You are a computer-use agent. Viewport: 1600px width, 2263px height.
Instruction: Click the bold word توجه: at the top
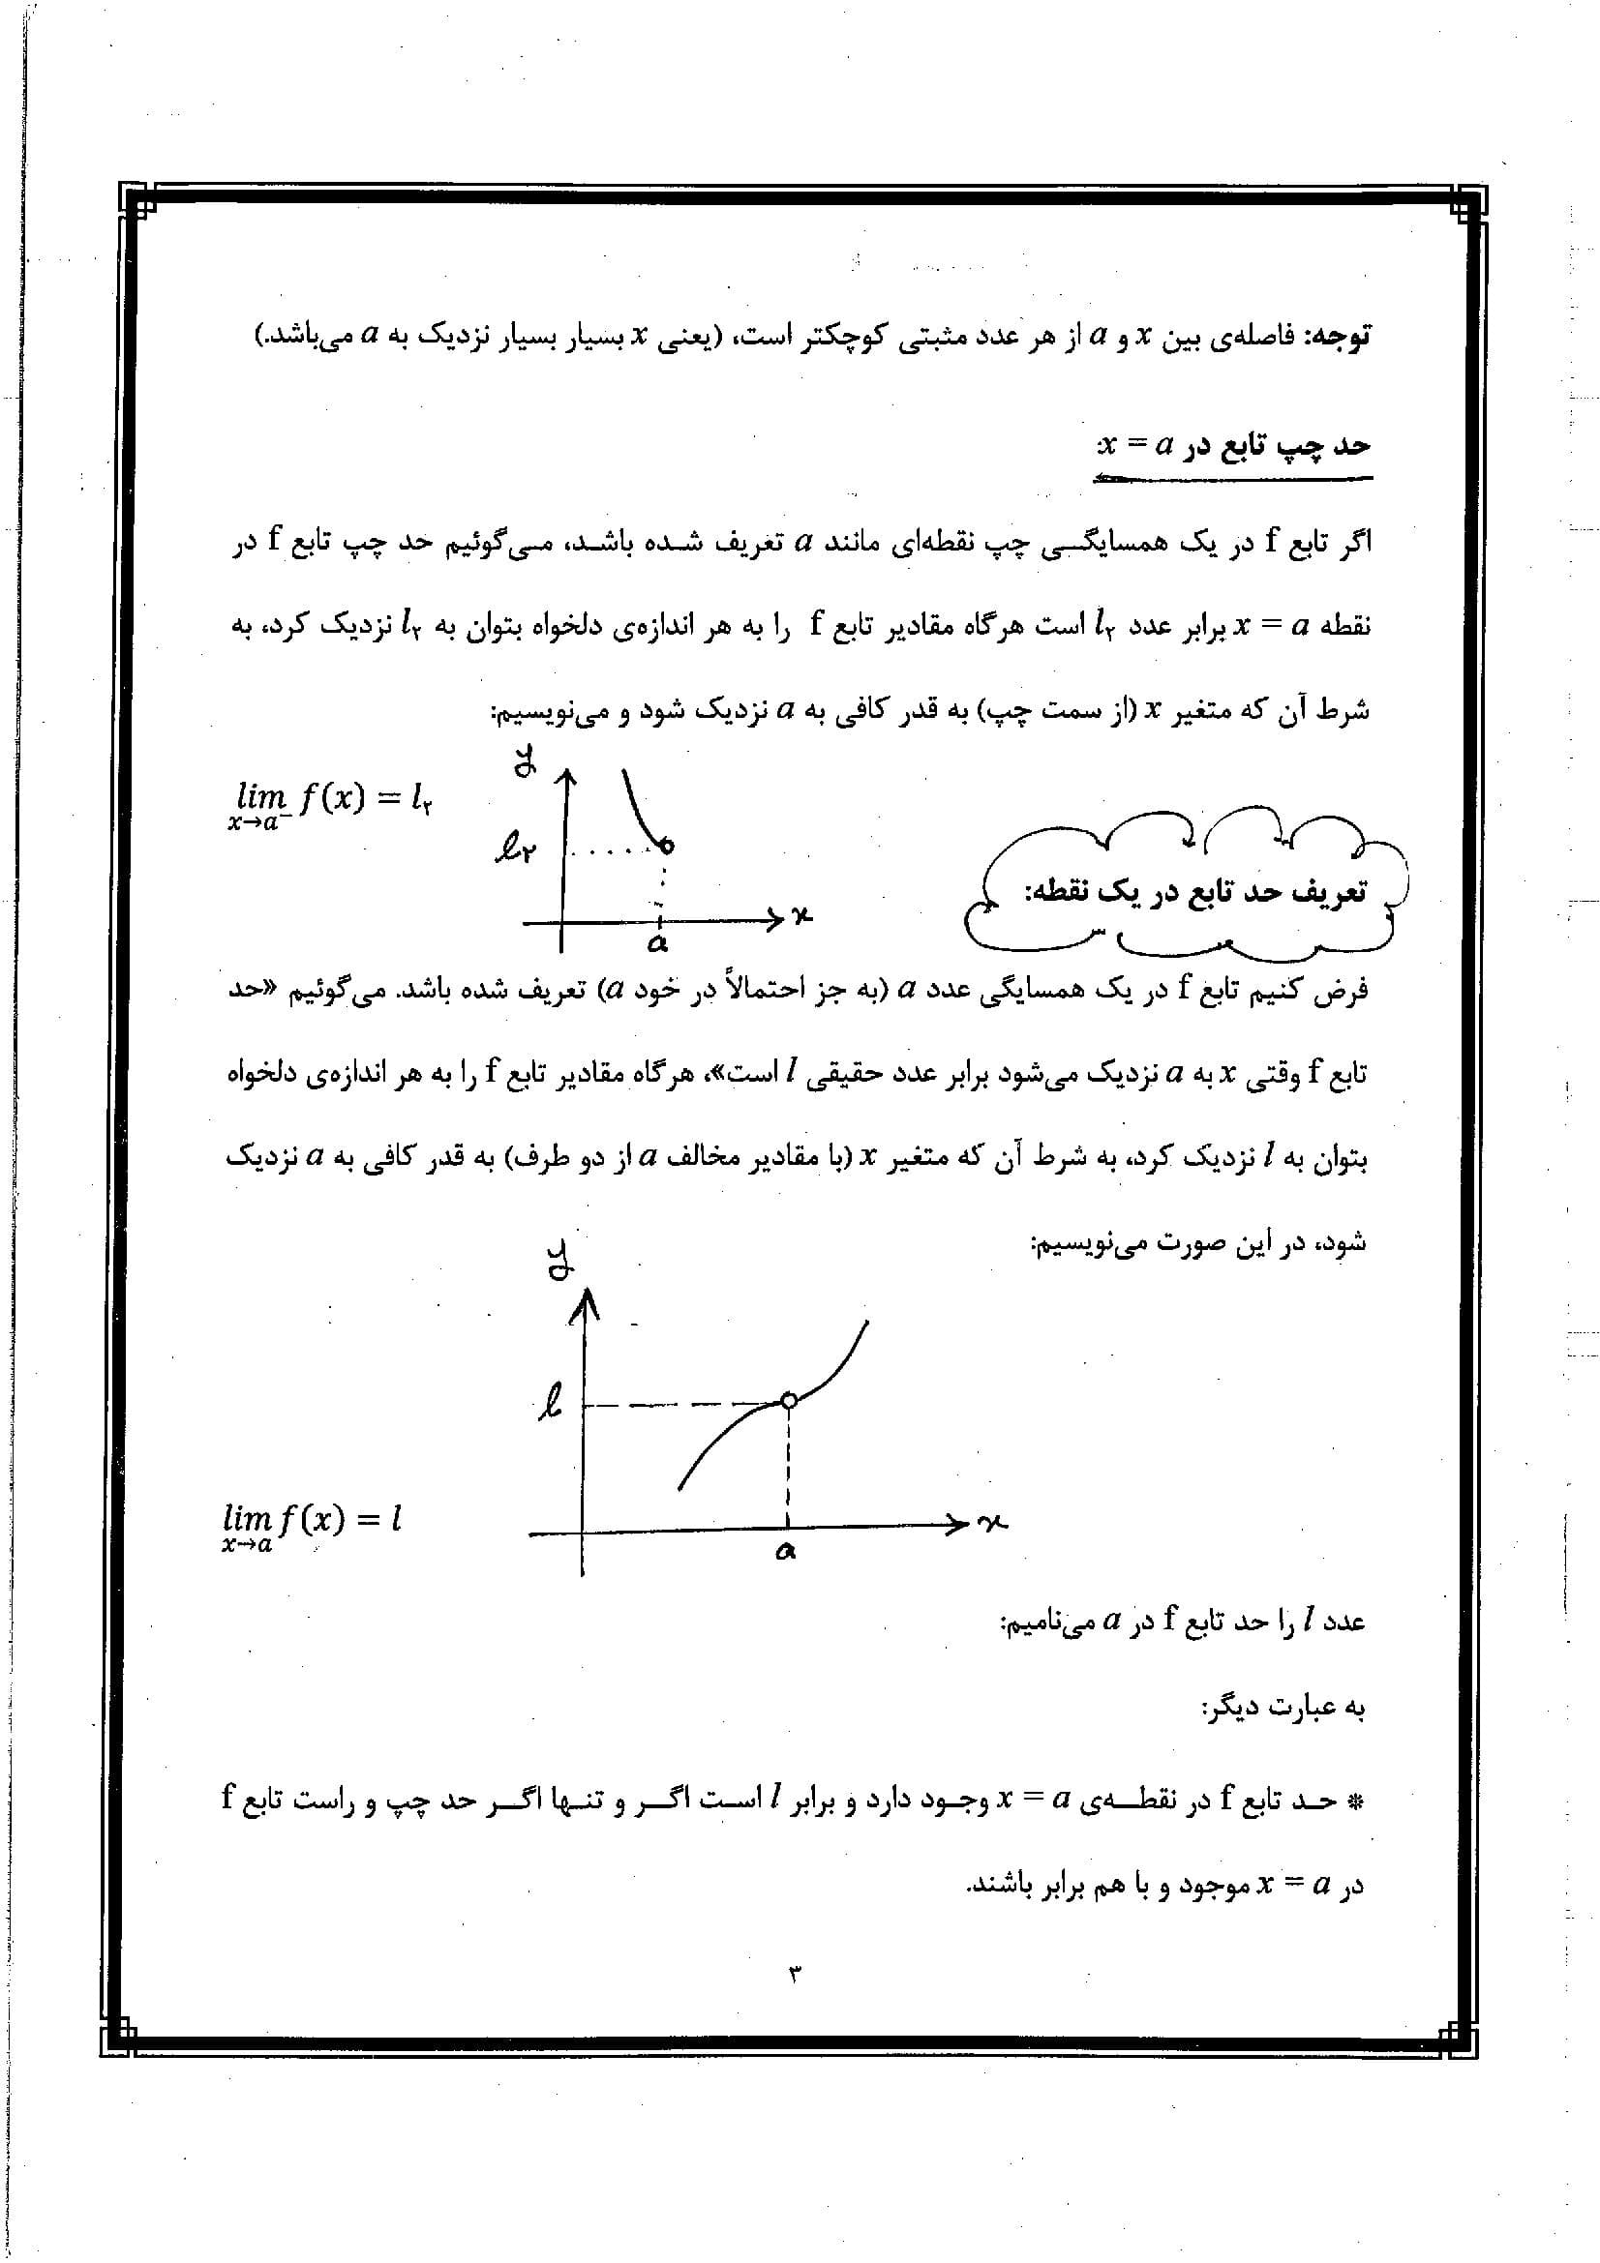pyautogui.click(x=1337, y=337)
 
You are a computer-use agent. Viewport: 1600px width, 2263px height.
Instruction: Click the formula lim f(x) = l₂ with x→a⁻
pyautogui.click(x=329, y=802)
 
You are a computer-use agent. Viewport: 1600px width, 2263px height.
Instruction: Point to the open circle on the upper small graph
pyautogui.click(x=668, y=846)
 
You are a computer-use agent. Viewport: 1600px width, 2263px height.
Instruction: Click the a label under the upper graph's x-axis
pyautogui.click(x=657, y=943)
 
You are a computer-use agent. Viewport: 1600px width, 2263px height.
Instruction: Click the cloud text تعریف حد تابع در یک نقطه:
pyautogui.click(x=1194, y=893)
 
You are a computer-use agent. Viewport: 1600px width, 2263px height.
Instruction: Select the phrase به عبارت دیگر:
pyautogui.click(x=1283, y=1708)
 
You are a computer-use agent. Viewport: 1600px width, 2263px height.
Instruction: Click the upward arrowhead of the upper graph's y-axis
pyautogui.click(x=565, y=782)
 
